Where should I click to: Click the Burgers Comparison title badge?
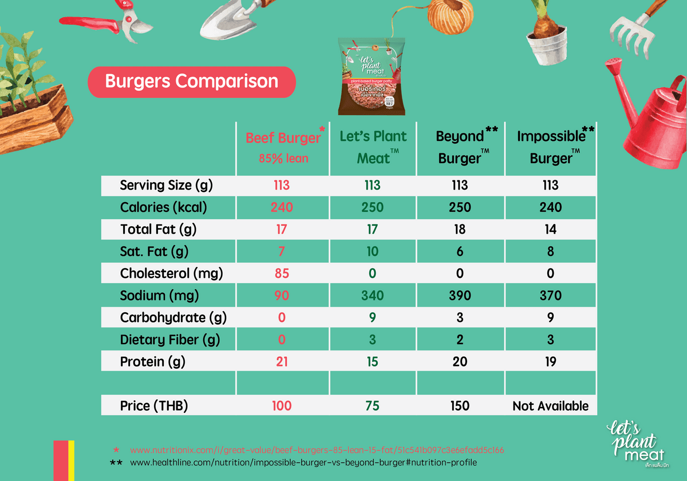(x=191, y=81)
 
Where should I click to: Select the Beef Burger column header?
(x=283, y=147)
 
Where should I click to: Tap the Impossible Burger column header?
(x=551, y=147)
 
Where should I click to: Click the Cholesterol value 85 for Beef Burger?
(x=282, y=273)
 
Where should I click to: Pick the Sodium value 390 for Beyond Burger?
(x=460, y=295)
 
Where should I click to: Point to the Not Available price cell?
(x=550, y=406)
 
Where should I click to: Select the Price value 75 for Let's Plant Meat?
(x=372, y=406)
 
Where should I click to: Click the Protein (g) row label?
(x=152, y=362)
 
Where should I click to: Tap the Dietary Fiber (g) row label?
(x=169, y=340)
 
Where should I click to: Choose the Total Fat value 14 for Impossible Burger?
(x=550, y=229)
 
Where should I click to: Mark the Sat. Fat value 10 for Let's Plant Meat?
(x=372, y=251)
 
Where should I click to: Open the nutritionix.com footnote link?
(x=317, y=450)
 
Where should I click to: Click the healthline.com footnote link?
(x=303, y=462)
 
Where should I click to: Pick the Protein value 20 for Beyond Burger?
(x=460, y=362)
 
